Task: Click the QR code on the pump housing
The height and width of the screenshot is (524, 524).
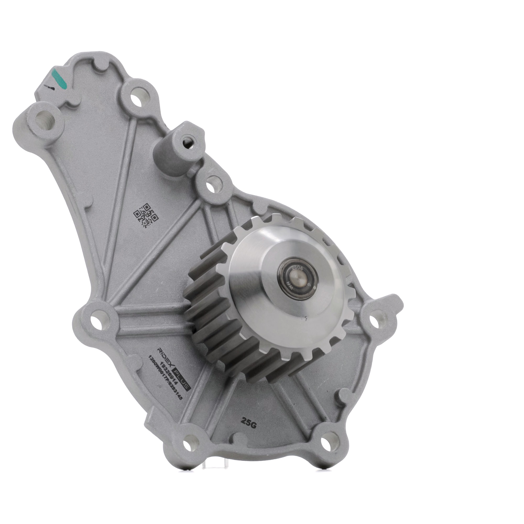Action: (x=146, y=215)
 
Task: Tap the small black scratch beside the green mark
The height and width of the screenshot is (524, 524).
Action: (x=49, y=87)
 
